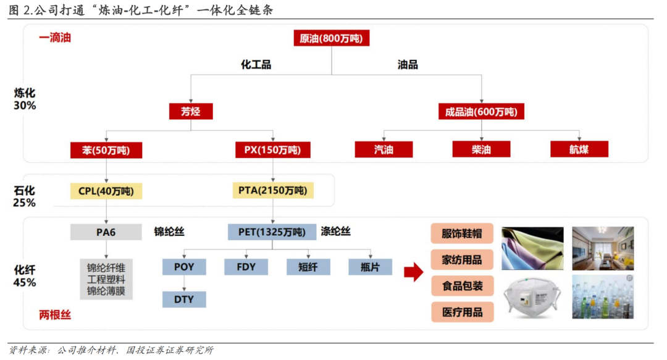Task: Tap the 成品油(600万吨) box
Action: pos(481,111)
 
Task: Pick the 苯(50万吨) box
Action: pos(106,149)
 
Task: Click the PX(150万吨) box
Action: pos(272,149)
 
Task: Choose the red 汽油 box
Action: pos(384,149)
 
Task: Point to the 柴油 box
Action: pos(481,149)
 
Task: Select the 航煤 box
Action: pos(579,149)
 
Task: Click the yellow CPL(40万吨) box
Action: pos(106,191)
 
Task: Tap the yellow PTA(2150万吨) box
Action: pos(272,191)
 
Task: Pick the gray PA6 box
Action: pos(106,232)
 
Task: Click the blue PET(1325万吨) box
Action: pos(272,232)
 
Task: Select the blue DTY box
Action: pos(184,299)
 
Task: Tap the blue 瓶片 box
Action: pos(370,267)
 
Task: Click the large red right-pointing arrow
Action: pos(413,272)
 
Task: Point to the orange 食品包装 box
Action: pos(462,286)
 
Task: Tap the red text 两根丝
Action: pos(55,315)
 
